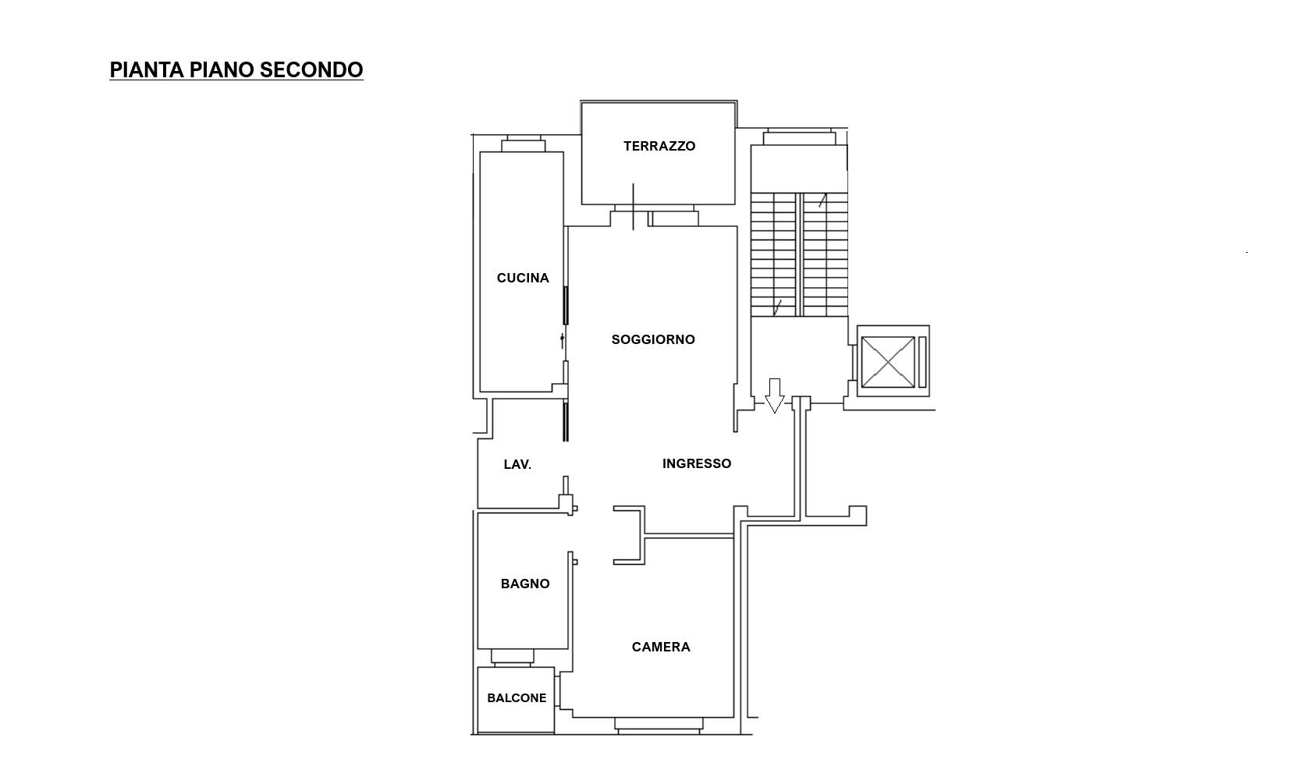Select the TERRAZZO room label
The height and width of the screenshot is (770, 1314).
pyautogui.click(x=659, y=146)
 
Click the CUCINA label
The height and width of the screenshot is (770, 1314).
pyautogui.click(x=523, y=278)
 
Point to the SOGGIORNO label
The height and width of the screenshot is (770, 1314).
pyautogui.click(x=653, y=339)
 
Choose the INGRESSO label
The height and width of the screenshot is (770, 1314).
pyautogui.click(x=697, y=464)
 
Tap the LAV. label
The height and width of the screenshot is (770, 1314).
pyautogui.click(x=517, y=464)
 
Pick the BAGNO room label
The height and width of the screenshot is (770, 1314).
pyautogui.click(x=525, y=584)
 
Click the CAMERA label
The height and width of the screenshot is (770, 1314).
pyautogui.click(x=661, y=647)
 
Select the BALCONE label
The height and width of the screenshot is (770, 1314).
pyautogui.click(x=517, y=698)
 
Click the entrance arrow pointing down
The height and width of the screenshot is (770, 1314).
pyautogui.click(x=774, y=396)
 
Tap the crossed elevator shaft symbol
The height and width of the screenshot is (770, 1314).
pyautogui.click(x=887, y=363)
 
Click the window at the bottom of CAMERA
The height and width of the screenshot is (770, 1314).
pyautogui.click(x=659, y=726)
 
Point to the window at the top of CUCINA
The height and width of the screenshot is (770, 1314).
pyautogui.click(x=524, y=144)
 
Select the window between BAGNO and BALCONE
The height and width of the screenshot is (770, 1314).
pyautogui.click(x=512, y=658)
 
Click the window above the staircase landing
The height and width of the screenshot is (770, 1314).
pyautogui.click(x=799, y=137)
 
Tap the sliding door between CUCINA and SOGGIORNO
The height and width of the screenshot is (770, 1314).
pyautogui.click(x=566, y=306)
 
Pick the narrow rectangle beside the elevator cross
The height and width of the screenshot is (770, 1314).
pyautogui.click(x=922, y=363)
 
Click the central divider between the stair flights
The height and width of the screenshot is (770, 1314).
pyautogui.click(x=799, y=254)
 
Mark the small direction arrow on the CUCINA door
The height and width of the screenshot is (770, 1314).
pyautogui.click(x=562, y=341)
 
